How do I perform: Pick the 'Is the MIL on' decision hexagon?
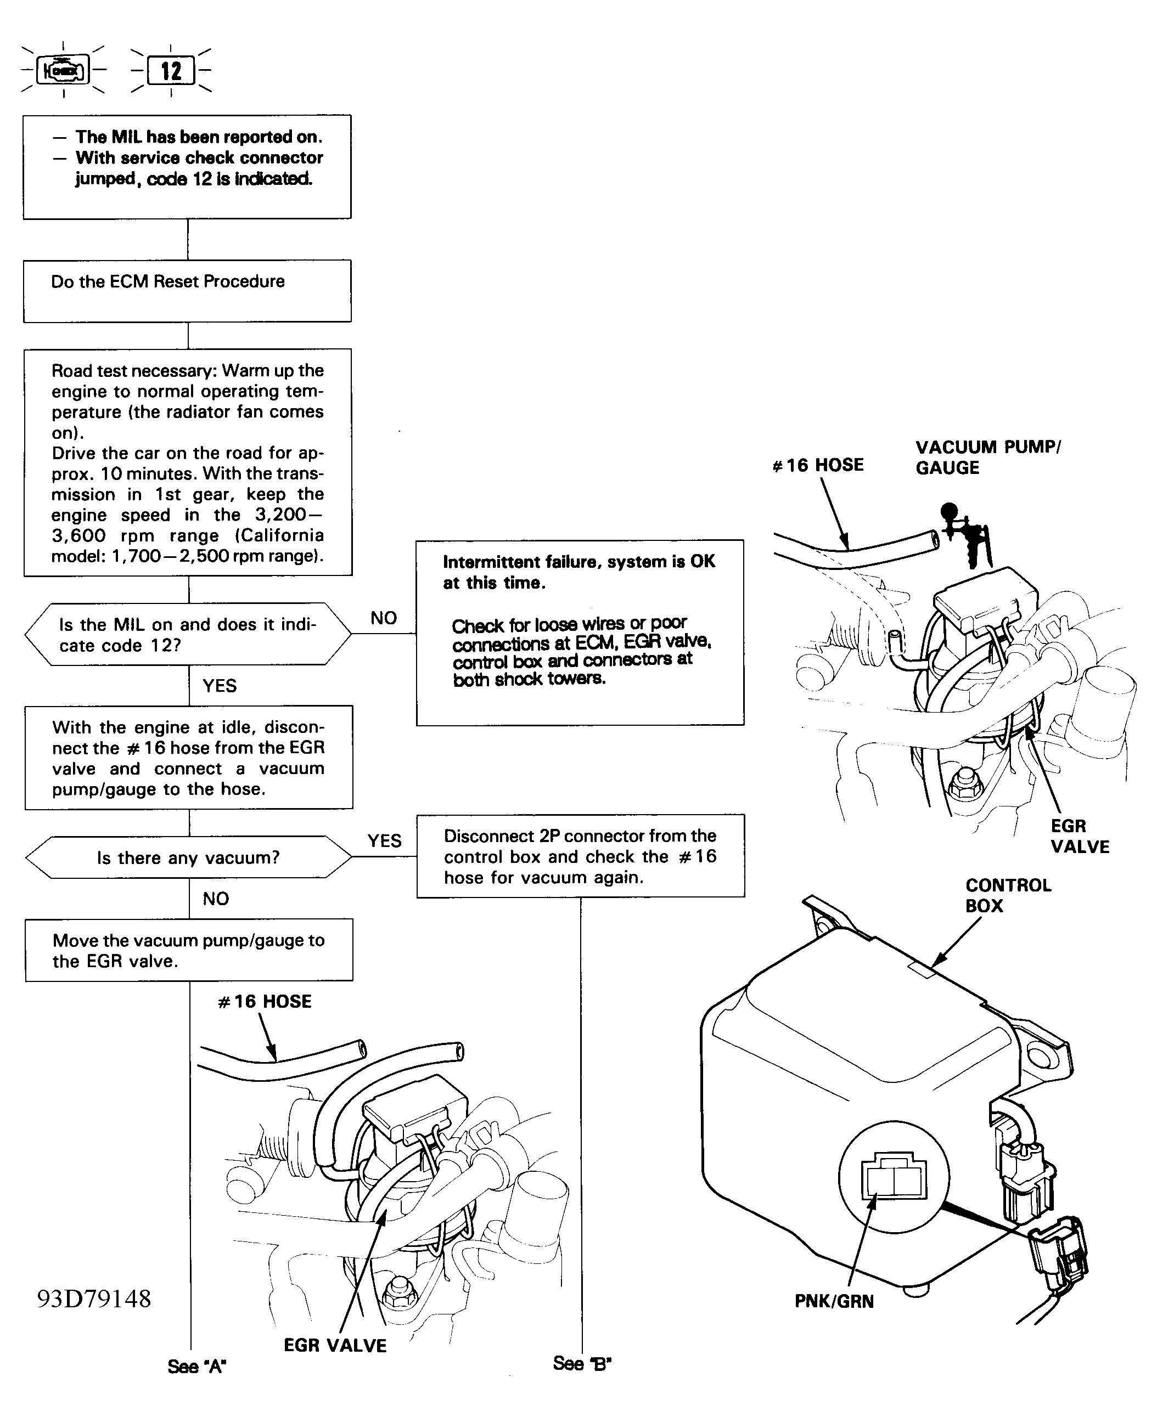pyautogui.click(x=187, y=634)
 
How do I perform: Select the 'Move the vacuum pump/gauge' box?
pyautogui.click(x=189, y=950)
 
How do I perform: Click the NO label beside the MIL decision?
pyautogui.click(x=383, y=618)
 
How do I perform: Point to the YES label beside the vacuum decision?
pyautogui.click(x=385, y=841)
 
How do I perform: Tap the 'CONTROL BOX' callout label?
pyautogui.click(x=1007, y=895)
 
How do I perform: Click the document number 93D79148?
pyautogui.click(x=94, y=1299)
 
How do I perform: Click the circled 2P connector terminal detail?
pyautogui.click(x=893, y=1178)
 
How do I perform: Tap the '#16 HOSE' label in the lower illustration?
pyautogui.click(x=265, y=1001)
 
